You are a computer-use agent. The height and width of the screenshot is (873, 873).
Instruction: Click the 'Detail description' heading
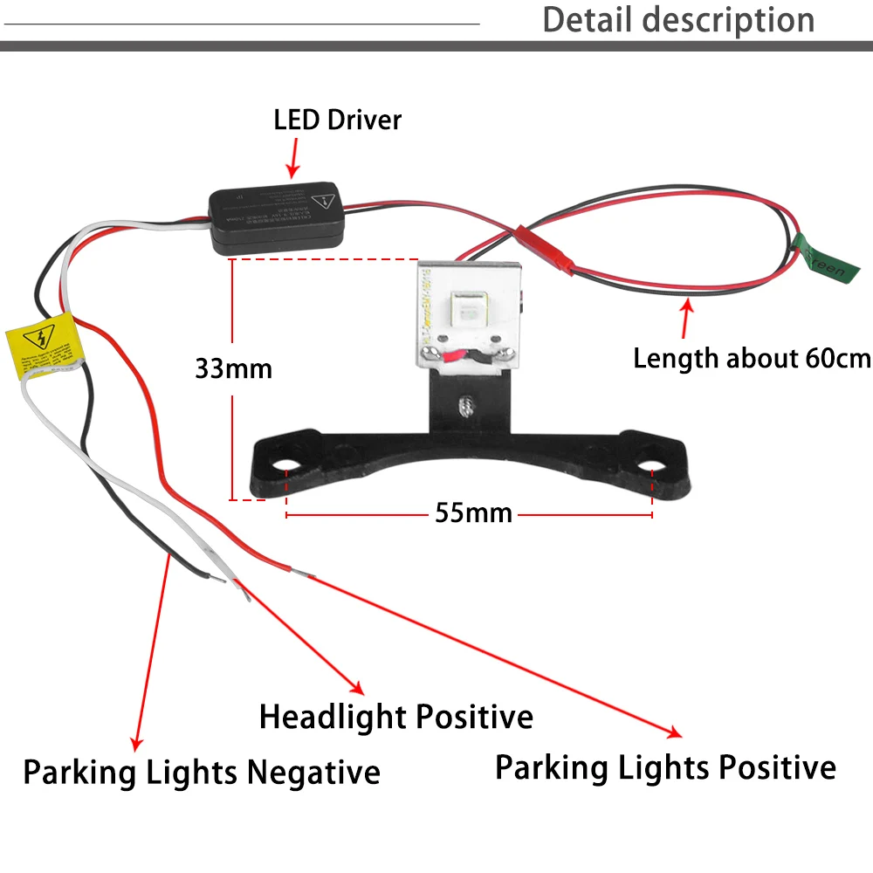(678, 19)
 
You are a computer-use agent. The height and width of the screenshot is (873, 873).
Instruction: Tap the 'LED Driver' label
(338, 120)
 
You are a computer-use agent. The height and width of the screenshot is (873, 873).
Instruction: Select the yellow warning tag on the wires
(41, 347)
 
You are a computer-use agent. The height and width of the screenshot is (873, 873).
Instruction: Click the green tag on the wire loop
(820, 258)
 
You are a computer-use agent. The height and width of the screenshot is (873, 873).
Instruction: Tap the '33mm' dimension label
(233, 368)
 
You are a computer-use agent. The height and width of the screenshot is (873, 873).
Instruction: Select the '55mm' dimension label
(473, 512)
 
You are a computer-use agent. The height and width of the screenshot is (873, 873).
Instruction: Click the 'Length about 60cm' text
(752, 358)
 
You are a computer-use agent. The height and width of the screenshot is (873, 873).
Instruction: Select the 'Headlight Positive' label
(395, 717)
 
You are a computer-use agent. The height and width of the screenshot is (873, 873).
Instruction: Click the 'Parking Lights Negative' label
(202, 772)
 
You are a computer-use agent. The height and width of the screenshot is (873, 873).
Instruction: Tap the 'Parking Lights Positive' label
(665, 767)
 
